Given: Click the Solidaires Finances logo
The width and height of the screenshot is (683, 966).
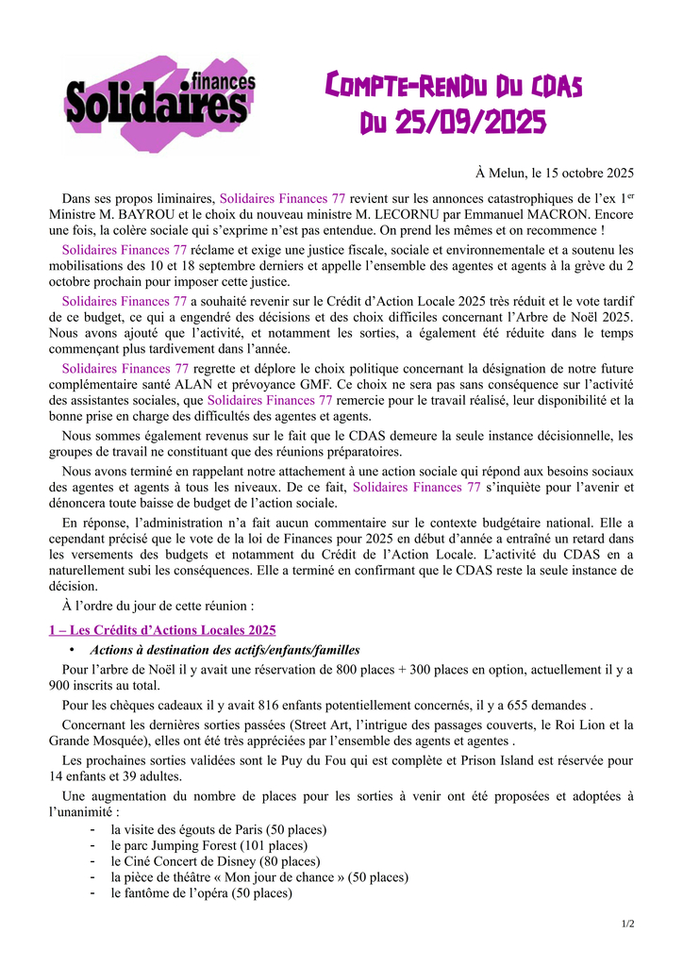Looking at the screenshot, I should pos(159,102).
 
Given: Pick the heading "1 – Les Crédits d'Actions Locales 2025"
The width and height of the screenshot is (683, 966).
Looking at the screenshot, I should pos(162,629).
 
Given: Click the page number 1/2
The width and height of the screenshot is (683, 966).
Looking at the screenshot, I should pos(627,924).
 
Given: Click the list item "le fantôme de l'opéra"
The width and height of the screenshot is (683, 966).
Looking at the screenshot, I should pos(201,893).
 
